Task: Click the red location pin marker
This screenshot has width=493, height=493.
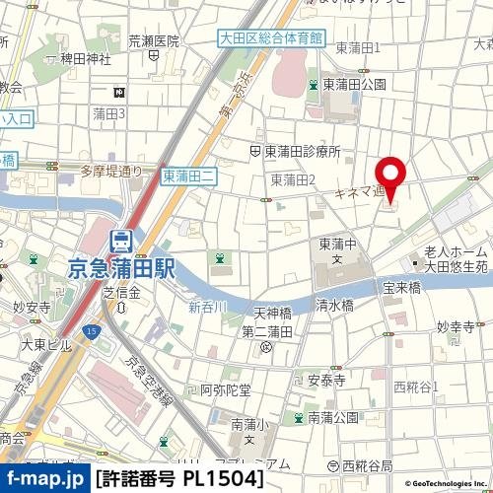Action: (391, 176)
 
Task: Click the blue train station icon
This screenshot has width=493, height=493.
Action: (122, 240)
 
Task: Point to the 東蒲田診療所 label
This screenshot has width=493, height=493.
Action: (302, 152)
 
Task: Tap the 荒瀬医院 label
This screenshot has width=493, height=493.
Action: (154, 41)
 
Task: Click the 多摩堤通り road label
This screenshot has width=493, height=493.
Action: (110, 171)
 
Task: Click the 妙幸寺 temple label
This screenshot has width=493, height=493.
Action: (455, 326)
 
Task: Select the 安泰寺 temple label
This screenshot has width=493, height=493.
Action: (325, 379)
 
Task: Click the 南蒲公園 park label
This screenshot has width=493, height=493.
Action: (332, 417)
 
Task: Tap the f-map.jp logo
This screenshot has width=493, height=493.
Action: (44, 479)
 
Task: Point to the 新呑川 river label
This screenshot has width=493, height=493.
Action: (208, 307)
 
